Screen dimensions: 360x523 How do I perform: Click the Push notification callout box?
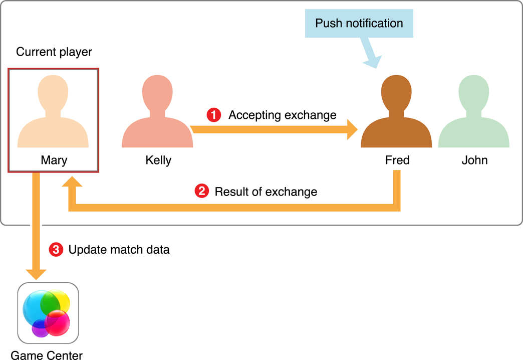(x=359, y=24)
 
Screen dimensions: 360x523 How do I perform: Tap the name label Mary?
(x=54, y=160)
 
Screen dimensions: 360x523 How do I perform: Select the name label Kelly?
(x=158, y=160)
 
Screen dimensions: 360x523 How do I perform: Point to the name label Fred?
(x=397, y=160)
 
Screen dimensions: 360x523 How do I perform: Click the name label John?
(x=474, y=160)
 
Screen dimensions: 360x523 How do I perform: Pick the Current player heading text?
(x=54, y=52)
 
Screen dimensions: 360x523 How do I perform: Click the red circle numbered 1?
(x=214, y=115)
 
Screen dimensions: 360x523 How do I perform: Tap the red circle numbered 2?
(x=201, y=192)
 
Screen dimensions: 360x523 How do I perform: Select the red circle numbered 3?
(x=56, y=250)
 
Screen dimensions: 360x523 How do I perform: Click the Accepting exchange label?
(x=283, y=115)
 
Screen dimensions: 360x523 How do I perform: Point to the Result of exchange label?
(x=266, y=192)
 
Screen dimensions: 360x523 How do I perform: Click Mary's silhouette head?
(x=53, y=91)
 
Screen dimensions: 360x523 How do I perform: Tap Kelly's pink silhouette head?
(x=158, y=91)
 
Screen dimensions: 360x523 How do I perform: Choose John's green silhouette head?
(x=474, y=91)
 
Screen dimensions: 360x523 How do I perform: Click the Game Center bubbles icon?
(x=48, y=313)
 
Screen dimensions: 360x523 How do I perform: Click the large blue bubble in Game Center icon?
(x=35, y=306)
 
